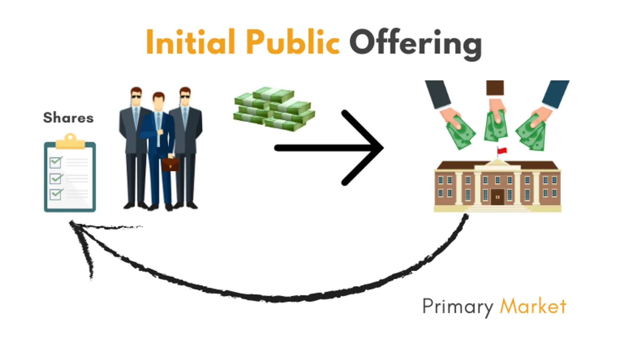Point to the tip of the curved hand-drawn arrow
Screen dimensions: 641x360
pos(70,221)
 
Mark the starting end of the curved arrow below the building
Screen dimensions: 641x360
pos(466,215)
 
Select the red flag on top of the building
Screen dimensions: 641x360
pos(502,151)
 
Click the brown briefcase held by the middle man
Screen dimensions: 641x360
pos(170,164)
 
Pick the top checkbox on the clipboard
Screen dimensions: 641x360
pos(56,162)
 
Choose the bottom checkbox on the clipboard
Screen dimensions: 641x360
pos(56,194)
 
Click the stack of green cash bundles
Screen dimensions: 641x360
pos(274,109)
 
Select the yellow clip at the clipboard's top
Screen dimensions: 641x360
pos(70,141)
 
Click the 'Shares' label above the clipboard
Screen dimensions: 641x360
pos(68,118)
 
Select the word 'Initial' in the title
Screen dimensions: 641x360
pos(190,42)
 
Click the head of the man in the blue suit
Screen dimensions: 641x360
pos(159,100)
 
